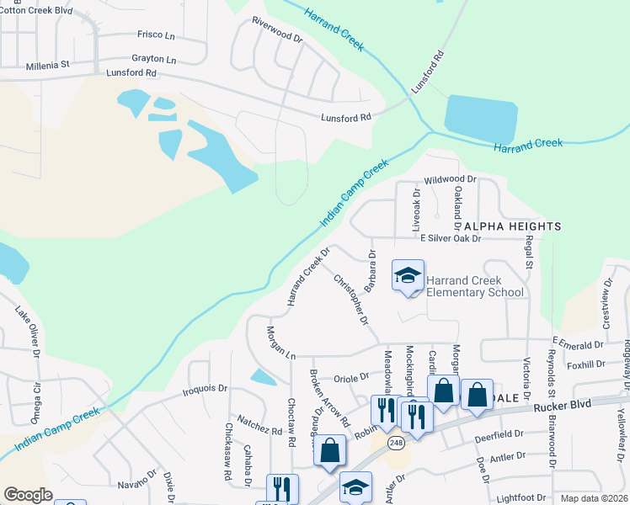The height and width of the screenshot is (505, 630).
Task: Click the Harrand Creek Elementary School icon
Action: coord(408,275)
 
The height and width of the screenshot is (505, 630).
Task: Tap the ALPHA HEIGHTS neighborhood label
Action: coord(511,226)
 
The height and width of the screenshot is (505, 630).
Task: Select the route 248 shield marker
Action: coord(395,441)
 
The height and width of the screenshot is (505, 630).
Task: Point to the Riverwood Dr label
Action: coord(276,31)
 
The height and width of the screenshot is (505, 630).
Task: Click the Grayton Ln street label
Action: coord(153,60)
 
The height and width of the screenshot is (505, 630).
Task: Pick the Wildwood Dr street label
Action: coord(451,179)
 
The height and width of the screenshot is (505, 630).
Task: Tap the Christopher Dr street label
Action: coord(351,299)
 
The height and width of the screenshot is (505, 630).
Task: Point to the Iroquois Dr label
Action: coord(206,389)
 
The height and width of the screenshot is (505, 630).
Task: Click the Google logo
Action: coord(28,495)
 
